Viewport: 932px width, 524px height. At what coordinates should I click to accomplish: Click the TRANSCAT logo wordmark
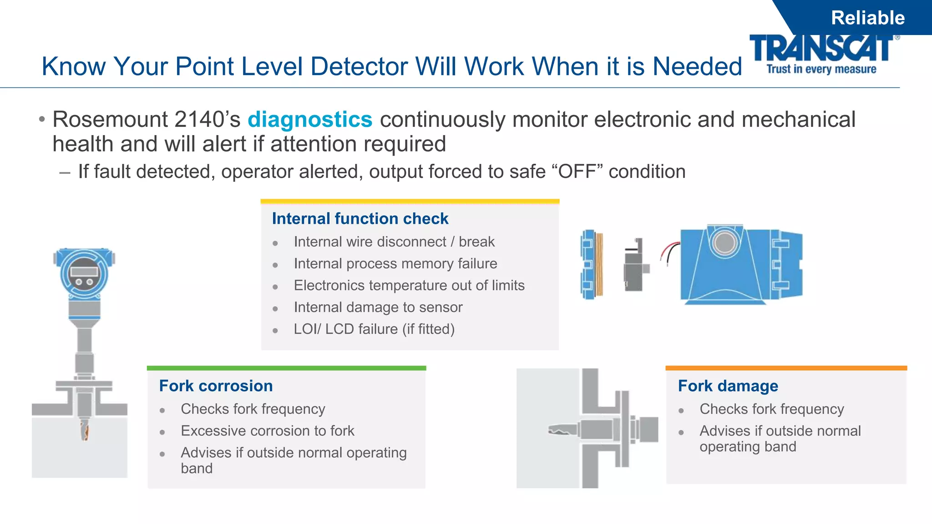(821, 48)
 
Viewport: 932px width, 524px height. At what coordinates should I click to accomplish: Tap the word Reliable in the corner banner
(867, 18)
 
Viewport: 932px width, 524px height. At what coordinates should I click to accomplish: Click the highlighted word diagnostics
(310, 120)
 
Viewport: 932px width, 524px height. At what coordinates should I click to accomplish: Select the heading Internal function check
(360, 219)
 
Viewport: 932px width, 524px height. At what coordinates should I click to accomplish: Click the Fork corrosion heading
(216, 386)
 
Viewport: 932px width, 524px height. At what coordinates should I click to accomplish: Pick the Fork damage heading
(728, 386)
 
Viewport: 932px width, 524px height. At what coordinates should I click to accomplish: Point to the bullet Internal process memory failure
(395, 264)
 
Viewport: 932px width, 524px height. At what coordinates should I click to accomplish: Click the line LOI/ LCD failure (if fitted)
(374, 329)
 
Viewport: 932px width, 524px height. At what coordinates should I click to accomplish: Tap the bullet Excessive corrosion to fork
(267, 431)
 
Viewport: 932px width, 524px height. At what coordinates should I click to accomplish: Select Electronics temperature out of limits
(409, 286)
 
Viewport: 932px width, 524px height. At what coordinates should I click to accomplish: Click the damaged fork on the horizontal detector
(562, 429)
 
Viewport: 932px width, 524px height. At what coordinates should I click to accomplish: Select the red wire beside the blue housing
(669, 250)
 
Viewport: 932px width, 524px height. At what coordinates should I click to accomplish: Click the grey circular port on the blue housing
(724, 242)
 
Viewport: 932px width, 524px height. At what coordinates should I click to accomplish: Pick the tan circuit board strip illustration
(599, 264)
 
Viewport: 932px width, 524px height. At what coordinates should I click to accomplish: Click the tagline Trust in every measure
(821, 70)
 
